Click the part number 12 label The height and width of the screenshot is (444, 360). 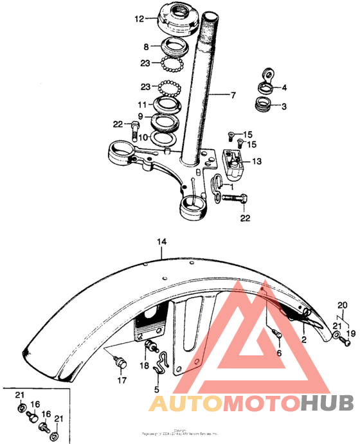coord(139,19)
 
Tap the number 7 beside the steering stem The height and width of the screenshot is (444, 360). coord(233,95)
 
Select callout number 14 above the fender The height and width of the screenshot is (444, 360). coord(161,242)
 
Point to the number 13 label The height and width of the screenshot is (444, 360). coord(257,162)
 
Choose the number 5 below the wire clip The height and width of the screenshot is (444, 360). coord(156,389)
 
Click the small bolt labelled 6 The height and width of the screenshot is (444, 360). coord(277,335)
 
